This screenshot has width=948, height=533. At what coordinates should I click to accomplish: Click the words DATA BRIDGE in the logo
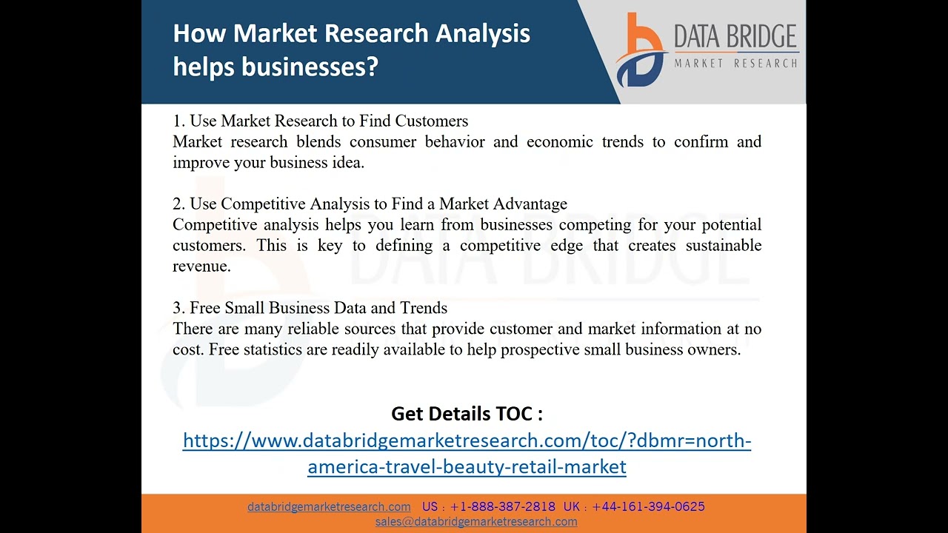click(x=735, y=36)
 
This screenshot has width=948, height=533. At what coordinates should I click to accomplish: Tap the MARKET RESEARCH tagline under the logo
click(x=735, y=64)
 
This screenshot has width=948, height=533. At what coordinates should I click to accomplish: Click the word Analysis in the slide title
click(x=482, y=33)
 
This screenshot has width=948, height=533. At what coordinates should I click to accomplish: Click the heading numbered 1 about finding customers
click(x=320, y=121)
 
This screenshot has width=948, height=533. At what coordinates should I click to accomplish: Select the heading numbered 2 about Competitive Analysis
click(x=370, y=204)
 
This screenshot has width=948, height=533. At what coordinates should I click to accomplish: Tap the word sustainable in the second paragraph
click(x=723, y=245)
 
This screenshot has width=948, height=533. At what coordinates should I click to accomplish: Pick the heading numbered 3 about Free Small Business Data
click(x=310, y=308)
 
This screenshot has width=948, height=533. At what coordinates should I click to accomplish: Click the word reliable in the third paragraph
click(x=316, y=329)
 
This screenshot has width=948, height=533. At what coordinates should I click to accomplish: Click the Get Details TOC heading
click(x=467, y=413)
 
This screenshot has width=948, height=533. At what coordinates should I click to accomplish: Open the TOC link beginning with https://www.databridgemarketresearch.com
click(x=467, y=441)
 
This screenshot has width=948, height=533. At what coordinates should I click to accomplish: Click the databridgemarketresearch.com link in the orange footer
click(x=329, y=506)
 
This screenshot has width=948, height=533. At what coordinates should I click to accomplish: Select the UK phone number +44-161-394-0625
click(x=648, y=506)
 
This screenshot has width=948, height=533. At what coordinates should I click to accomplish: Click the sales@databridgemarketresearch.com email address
click(x=476, y=521)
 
